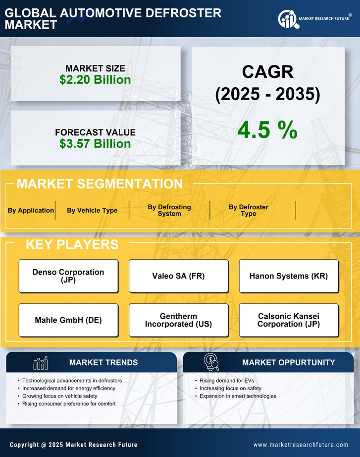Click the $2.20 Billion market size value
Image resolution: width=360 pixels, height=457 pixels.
tap(95, 80)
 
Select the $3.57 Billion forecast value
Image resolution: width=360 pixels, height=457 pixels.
tap(95, 144)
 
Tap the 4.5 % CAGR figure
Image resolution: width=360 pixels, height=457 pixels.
tap(267, 130)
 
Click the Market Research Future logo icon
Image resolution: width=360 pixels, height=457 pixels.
tap(287, 19)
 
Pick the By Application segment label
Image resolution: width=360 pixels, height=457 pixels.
tap(31, 210)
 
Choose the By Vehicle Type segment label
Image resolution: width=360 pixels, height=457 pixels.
tap(92, 210)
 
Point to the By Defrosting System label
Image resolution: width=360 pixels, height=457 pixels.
tap(169, 210)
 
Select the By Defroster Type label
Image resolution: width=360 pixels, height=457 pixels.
tap(248, 210)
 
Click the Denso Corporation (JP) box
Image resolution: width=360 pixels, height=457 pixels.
tap(68, 276)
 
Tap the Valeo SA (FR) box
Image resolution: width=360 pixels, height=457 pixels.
tap(178, 276)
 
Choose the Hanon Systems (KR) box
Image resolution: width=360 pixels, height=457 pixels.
tap(289, 276)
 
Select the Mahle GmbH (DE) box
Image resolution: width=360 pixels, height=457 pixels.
tap(68, 320)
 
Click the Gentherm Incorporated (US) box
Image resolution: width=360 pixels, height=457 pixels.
tap(178, 320)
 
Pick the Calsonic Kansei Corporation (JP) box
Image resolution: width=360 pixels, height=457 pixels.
tap(289, 320)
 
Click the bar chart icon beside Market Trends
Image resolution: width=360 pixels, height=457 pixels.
tap(40, 363)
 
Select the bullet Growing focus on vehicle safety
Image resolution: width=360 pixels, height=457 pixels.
tap(59, 396)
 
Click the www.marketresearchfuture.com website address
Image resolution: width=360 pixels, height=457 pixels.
tap(301, 445)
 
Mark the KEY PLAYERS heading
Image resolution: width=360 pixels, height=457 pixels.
tap(72, 244)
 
